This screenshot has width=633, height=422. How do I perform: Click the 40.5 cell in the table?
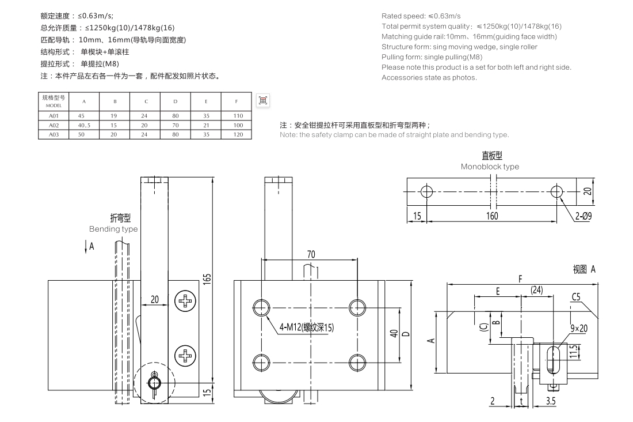coord(85,125)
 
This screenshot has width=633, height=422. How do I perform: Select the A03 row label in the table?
coord(54,134)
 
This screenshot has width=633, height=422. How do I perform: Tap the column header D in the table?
coord(176,102)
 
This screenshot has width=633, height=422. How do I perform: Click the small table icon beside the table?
coord(263,100)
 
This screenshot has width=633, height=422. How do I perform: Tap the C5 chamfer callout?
coord(579,298)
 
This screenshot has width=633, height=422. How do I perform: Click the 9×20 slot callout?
coord(579,328)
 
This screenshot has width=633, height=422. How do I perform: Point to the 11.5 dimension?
coord(574,351)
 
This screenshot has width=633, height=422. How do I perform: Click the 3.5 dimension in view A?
coord(550,401)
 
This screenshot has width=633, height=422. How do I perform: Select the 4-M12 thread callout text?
coord(306,327)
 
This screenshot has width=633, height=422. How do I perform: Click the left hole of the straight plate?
coord(426,191)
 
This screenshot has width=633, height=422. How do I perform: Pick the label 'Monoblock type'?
coord(490,167)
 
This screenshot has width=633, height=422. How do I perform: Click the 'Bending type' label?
coord(113,229)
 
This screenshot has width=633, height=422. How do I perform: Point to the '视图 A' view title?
coord(584,269)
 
